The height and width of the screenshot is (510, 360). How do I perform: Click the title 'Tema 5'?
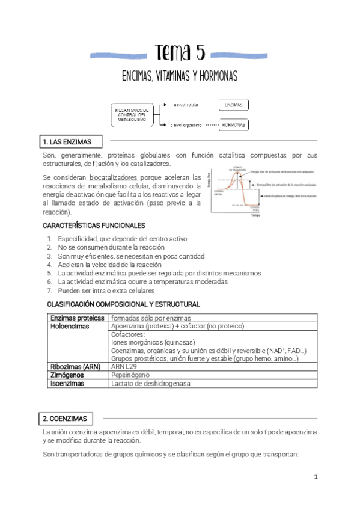(180, 53)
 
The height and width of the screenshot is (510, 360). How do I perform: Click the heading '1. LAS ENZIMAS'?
(67, 142)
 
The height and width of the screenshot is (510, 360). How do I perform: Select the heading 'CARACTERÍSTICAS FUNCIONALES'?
(94, 226)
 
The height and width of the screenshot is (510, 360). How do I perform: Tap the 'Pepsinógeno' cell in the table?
(130, 375)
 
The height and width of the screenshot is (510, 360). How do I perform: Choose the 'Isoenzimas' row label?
(67, 383)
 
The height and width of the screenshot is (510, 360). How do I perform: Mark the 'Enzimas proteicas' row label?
(77, 318)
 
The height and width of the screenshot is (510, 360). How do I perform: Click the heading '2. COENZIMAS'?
(65, 419)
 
